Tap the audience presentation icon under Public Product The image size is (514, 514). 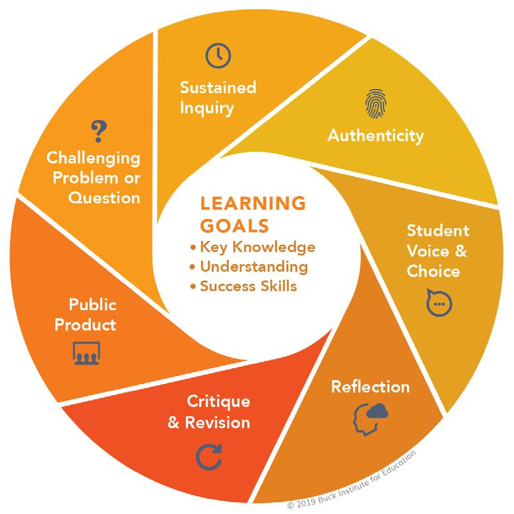(x=85, y=354)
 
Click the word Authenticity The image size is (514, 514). (x=375, y=136)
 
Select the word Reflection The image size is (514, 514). (x=370, y=386)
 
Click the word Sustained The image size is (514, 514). (x=218, y=88)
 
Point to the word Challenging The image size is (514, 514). (x=93, y=158)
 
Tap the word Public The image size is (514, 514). (x=92, y=305)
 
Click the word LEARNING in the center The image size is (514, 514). (x=253, y=203)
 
